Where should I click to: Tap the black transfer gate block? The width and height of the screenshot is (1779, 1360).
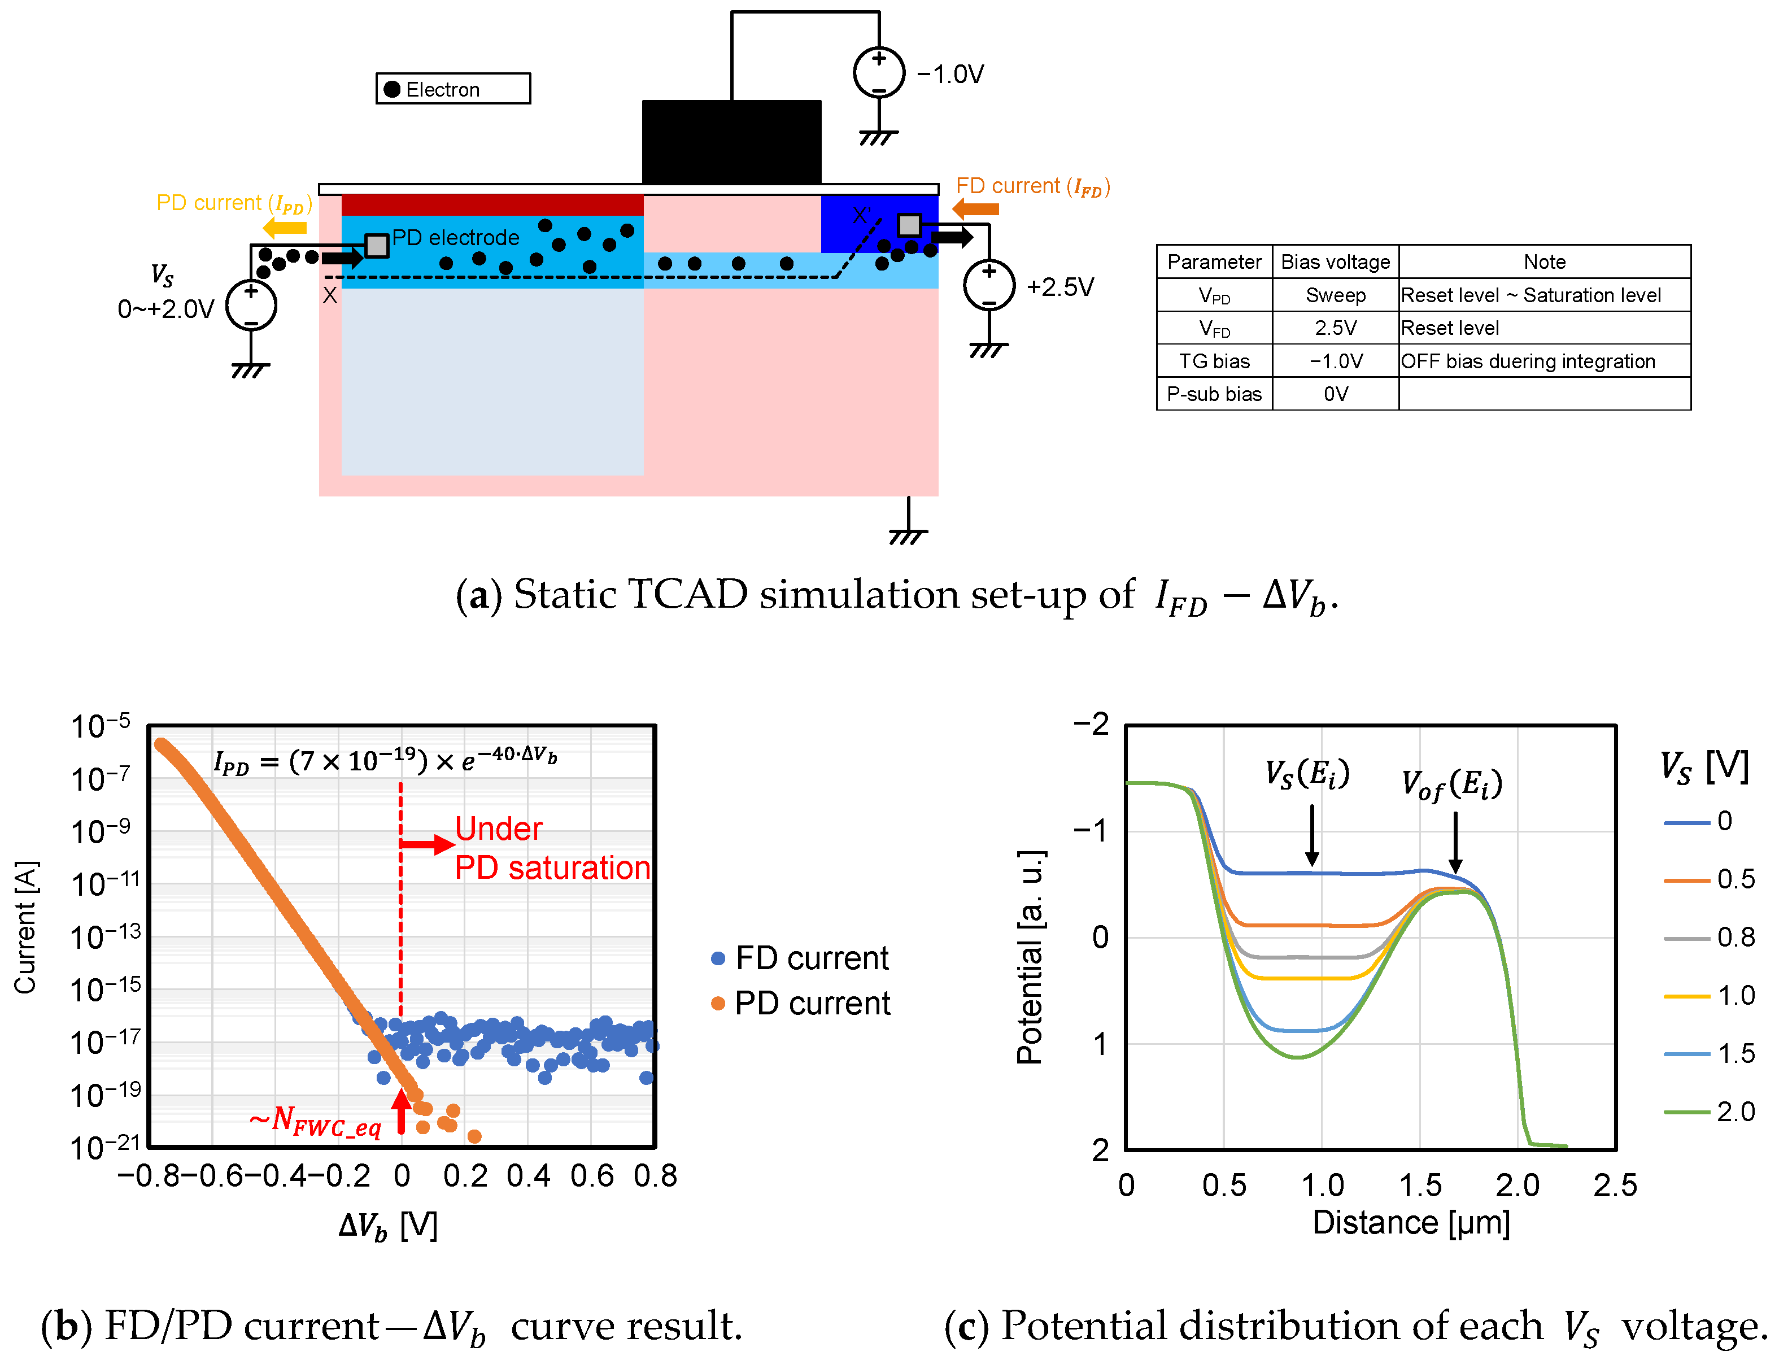click(731, 142)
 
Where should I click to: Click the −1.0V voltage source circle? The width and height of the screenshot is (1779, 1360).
click(878, 73)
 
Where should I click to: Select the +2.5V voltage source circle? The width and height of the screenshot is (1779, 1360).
click(988, 285)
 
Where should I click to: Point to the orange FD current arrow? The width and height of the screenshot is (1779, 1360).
click(975, 209)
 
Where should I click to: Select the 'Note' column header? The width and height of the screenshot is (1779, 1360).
click(1543, 262)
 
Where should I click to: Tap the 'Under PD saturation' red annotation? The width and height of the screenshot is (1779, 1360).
click(551, 848)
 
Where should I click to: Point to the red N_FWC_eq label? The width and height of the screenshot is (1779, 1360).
click(316, 1121)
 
